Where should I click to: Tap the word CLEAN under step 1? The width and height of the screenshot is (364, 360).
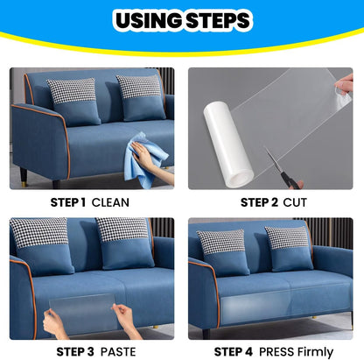(x=110, y=202)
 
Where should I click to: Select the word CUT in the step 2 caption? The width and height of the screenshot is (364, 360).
(x=295, y=202)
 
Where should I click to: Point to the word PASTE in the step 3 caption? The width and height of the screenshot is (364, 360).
(x=118, y=352)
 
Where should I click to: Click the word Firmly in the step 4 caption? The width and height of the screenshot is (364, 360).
(x=313, y=352)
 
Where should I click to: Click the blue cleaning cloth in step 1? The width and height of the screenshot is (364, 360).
(x=145, y=160)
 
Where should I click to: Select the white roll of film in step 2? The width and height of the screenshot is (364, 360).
(x=228, y=143)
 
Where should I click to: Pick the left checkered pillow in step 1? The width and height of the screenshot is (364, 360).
(x=74, y=102)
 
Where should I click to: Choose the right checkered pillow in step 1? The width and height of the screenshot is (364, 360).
(x=141, y=98)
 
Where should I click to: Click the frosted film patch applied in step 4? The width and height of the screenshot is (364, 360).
(x=255, y=307)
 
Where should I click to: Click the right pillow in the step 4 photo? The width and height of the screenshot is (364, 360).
(x=289, y=249)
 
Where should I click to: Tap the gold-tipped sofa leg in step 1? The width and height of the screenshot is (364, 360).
(x=24, y=178)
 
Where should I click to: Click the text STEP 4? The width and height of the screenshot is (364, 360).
(x=234, y=352)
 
